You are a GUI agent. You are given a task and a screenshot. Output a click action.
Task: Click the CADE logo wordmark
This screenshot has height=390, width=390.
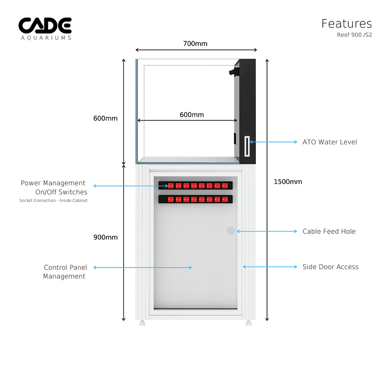coord(45,25)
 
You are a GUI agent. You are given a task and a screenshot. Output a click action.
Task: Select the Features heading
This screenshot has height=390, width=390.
coord(346,24)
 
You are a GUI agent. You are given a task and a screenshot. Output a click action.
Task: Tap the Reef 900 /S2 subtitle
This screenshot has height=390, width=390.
coord(355,35)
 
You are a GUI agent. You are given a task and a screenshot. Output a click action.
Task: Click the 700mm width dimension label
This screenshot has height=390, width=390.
coord(195,44)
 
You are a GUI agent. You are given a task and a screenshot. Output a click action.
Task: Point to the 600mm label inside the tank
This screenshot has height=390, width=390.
coord(192,115)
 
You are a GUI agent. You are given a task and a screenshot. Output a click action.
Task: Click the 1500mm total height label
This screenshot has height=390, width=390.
coord(288,182)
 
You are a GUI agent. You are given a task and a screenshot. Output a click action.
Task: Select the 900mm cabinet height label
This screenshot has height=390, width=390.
coord(105,237)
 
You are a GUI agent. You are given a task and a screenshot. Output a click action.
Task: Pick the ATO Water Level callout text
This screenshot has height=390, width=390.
coord(330,142)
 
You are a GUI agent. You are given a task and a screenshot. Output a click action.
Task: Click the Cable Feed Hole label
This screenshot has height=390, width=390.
coord(329,231)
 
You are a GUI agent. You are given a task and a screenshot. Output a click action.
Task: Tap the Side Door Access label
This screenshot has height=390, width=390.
coord(330,267)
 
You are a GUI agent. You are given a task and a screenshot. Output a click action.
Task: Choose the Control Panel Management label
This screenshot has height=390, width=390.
coord(65,272)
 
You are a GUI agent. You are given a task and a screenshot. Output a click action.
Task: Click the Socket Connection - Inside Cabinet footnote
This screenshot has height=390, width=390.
coord(53,201)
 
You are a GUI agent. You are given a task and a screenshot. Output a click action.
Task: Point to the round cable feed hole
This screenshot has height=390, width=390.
coord(231,231)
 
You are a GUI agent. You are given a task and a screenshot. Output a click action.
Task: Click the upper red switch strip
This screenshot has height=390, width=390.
coord(195,185)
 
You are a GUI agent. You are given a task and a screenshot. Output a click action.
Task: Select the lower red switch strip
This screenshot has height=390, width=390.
coord(195,199)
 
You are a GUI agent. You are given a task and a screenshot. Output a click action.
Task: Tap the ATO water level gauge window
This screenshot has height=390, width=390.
coord(247,147)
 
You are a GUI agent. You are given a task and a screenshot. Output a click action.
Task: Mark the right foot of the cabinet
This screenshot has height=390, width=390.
coord(249,322)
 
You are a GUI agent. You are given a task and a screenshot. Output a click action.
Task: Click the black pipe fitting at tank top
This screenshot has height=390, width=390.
coord(232,71)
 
